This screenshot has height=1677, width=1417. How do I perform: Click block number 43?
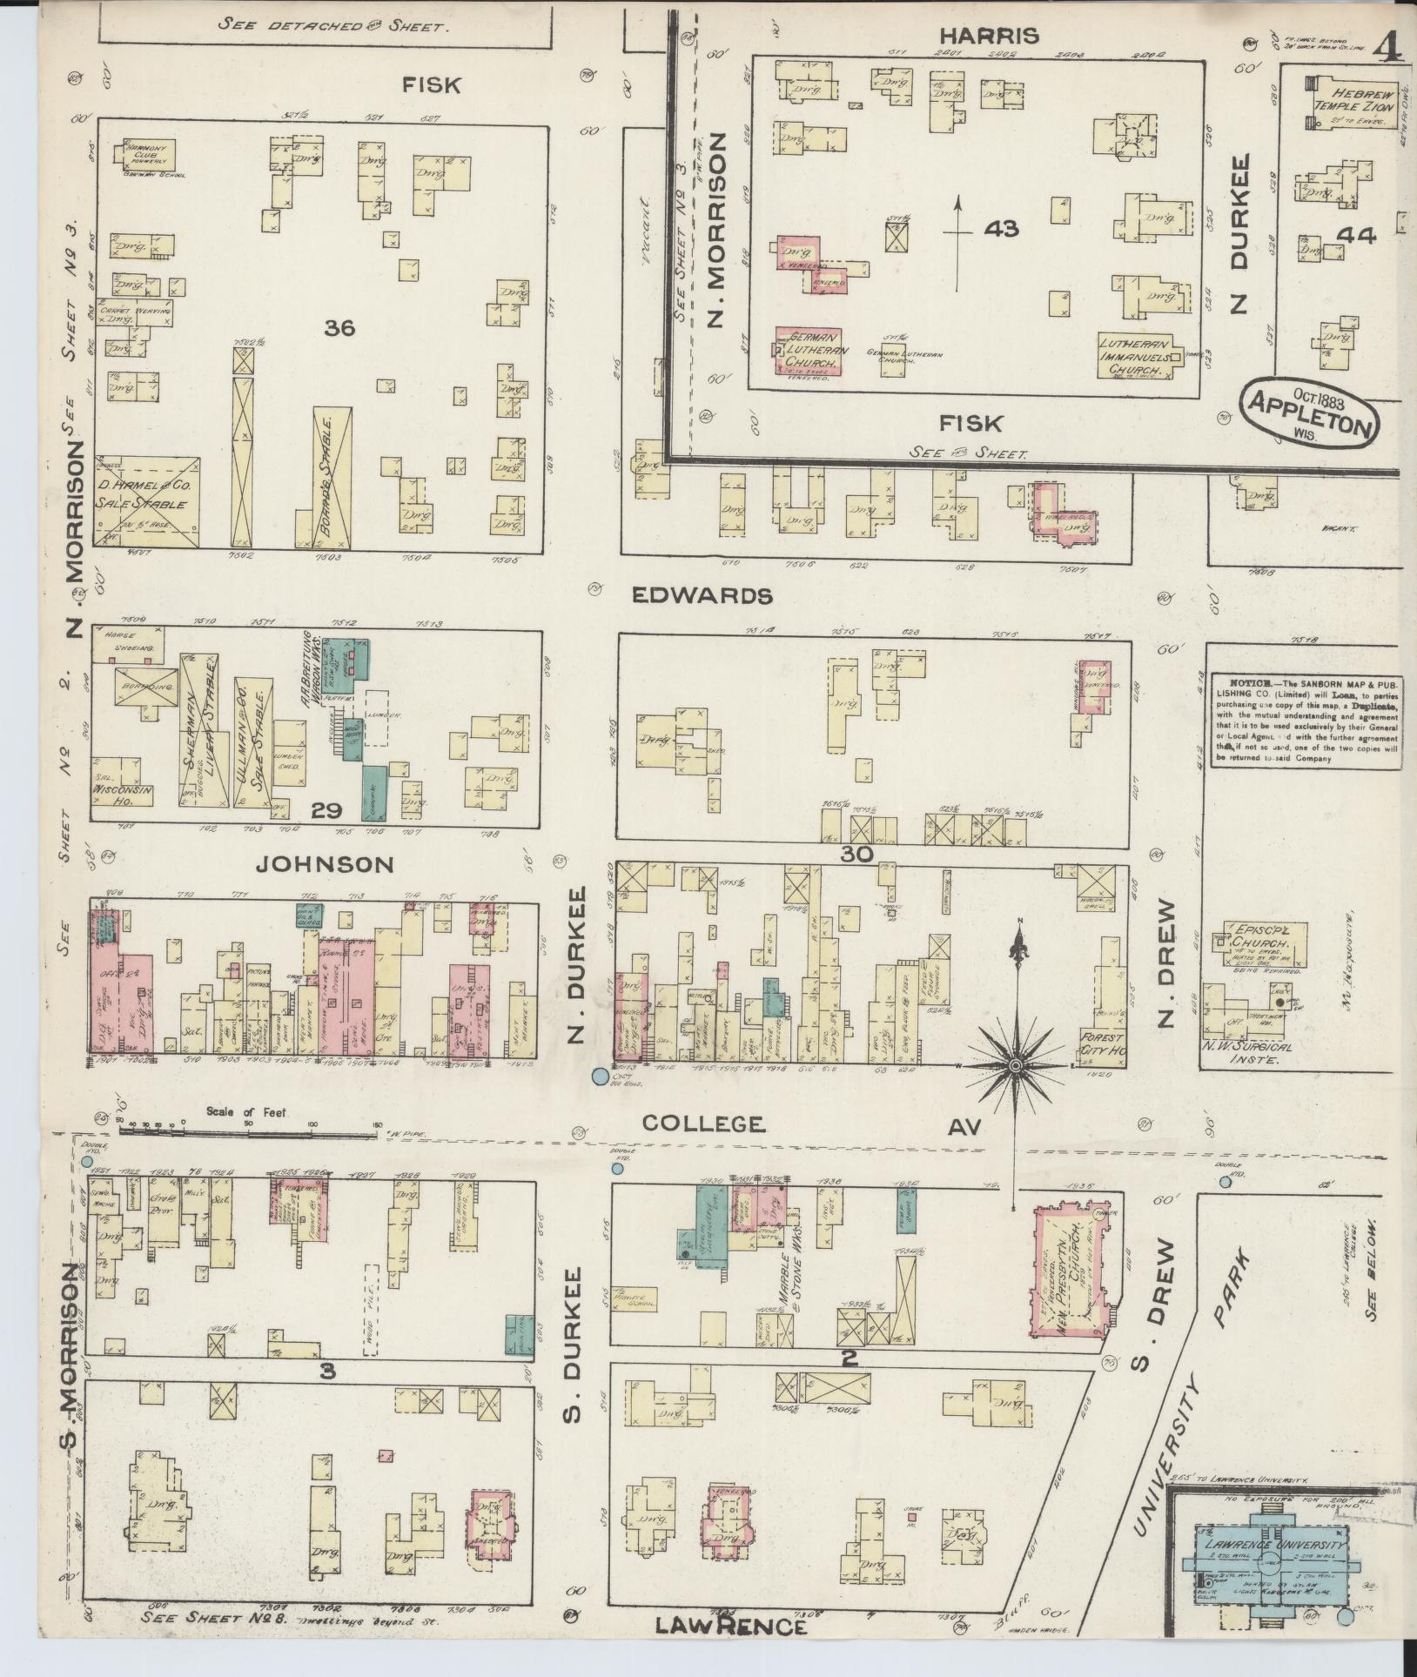1001,229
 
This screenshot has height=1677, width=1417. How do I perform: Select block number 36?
339,328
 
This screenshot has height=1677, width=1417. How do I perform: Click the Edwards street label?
702,596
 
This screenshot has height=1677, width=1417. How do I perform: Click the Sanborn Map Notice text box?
1306,719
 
